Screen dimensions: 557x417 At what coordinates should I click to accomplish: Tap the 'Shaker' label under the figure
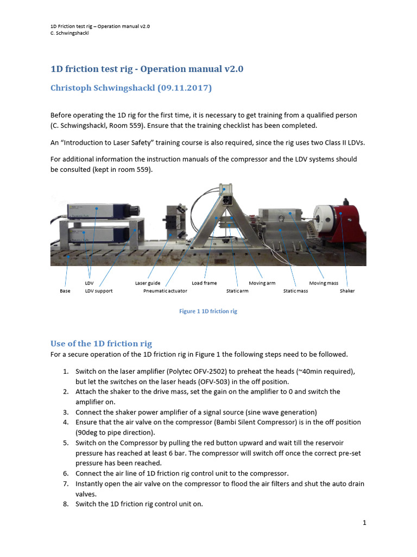pyautogui.click(x=347, y=291)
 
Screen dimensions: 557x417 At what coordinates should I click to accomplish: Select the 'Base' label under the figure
pyautogui.click(x=65, y=291)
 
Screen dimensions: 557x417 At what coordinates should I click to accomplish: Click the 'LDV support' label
pyautogui.click(x=99, y=291)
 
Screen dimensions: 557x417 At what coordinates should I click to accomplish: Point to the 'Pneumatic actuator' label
pyautogui.click(x=165, y=291)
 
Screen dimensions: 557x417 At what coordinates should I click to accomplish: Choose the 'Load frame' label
pyautogui.click(x=204, y=283)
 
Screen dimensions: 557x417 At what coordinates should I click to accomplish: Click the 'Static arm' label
pyautogui.click(x=237, y=291)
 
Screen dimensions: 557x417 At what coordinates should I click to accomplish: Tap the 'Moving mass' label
pyautogui.click(x=324, y=283)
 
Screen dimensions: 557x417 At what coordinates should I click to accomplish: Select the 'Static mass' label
pyautogui.click(x=295, y=291)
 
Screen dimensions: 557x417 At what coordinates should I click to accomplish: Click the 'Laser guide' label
pyautogui.click(x=148, y=283)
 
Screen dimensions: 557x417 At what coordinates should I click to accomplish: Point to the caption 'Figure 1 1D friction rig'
pyautogui.click(x=208, y=312)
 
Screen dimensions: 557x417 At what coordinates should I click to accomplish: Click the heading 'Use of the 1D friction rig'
pyautogui.click(x=101, y=343)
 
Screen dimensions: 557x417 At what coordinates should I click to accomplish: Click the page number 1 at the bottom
pyautogui.click(x=365, y=523)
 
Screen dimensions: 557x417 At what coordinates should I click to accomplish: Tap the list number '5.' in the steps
pyautogui.click(x=65, y=443)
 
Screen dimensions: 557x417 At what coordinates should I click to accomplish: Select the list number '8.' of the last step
pyautogui.click(x=65, y=504)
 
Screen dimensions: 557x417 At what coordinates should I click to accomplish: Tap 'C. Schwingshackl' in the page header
pyautogui.click(x=66, y=33)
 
